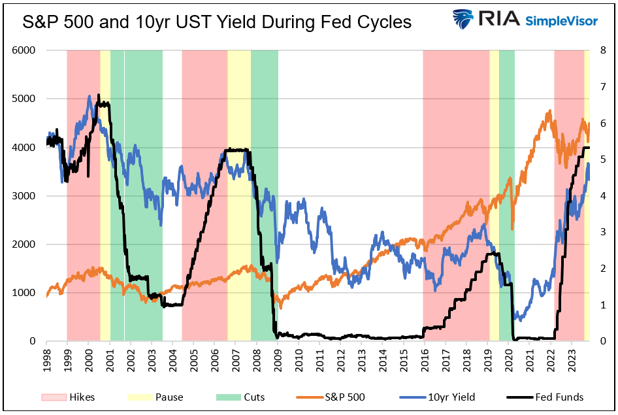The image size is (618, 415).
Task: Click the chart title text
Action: tap(217, 22)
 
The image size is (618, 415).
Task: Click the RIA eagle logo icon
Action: tap(464, 20)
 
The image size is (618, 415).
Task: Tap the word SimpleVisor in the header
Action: tap(561, 21)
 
